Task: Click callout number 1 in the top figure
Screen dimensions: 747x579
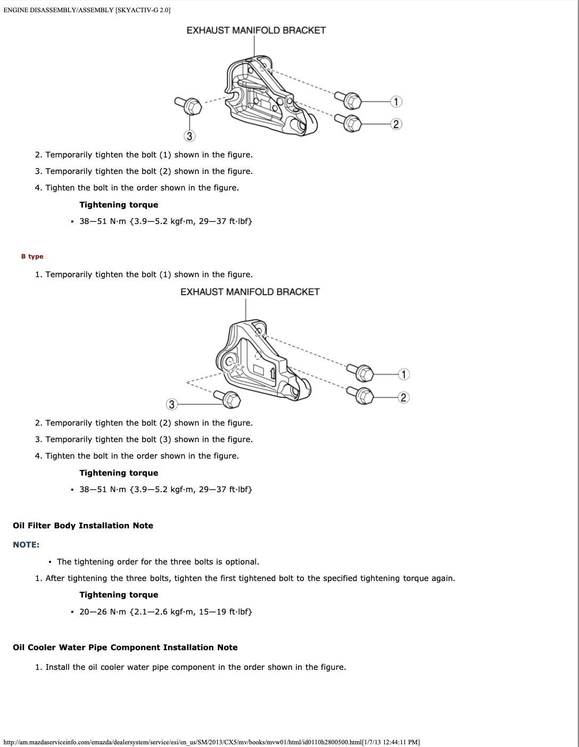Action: [396, 101]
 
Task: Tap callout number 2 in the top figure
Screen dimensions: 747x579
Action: [396, 124]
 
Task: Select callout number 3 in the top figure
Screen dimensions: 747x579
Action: [189, 136]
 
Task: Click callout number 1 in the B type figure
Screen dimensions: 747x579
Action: [404, 375]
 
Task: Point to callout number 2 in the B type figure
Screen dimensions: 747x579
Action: [403, 397]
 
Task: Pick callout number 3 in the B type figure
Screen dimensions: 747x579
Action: [171, 404]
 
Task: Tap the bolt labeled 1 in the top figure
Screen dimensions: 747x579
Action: [350, 99]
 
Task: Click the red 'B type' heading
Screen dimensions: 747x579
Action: [32, 256]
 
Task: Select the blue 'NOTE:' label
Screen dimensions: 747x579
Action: [26, 545]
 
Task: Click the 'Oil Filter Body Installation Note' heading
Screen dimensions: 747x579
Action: [83, 526]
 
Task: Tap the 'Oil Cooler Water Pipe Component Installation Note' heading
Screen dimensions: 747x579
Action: [125, 648]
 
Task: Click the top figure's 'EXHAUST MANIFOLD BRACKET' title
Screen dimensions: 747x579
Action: [256, 30]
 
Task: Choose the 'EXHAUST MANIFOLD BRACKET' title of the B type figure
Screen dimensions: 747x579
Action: [250, 292]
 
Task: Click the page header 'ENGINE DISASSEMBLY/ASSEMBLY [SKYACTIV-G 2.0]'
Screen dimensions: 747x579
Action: [87, 10]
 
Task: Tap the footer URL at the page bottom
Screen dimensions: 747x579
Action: [211, 742]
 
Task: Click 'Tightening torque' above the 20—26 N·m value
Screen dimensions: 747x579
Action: [119, 595]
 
